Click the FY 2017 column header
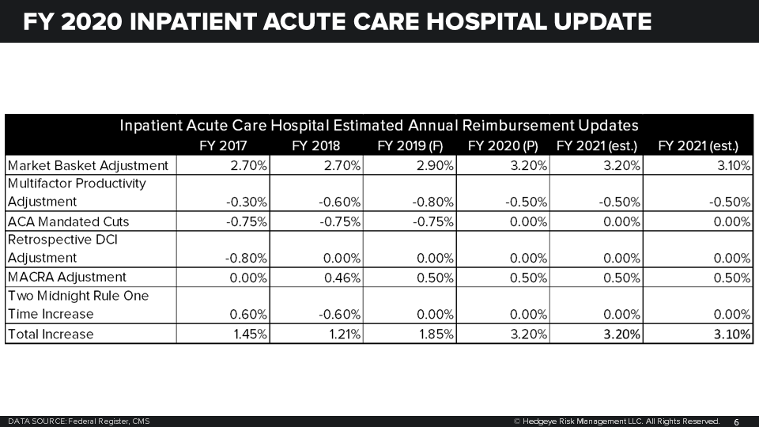224,145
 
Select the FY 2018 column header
315,145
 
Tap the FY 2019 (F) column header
410,145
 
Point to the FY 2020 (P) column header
503,145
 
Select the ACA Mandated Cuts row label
68,221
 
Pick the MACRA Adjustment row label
66,277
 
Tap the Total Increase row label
51,334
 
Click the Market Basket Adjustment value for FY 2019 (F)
433,165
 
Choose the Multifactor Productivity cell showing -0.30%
247,202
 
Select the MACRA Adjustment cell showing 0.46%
343,278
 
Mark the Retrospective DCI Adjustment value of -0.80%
247,258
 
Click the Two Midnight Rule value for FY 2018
340,315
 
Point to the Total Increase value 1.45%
251,334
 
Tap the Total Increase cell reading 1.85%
436,334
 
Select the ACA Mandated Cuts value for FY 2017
247,221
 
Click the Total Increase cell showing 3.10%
731,334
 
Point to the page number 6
736,421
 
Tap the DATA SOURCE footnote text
78,421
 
